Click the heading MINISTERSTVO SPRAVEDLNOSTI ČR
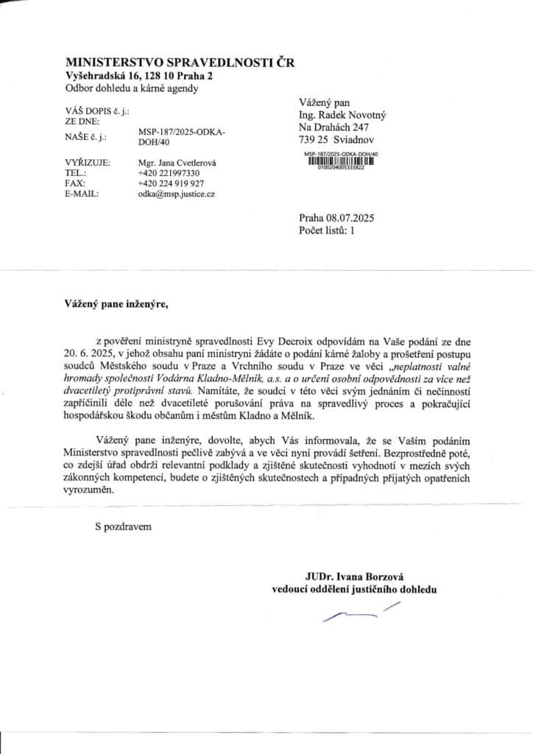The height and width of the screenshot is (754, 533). tap(180, 63)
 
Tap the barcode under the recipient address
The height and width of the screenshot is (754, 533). tap(340, 161)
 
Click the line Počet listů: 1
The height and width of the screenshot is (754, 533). tap(327, 230)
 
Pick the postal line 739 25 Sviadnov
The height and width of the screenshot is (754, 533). tap(336, 138)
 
